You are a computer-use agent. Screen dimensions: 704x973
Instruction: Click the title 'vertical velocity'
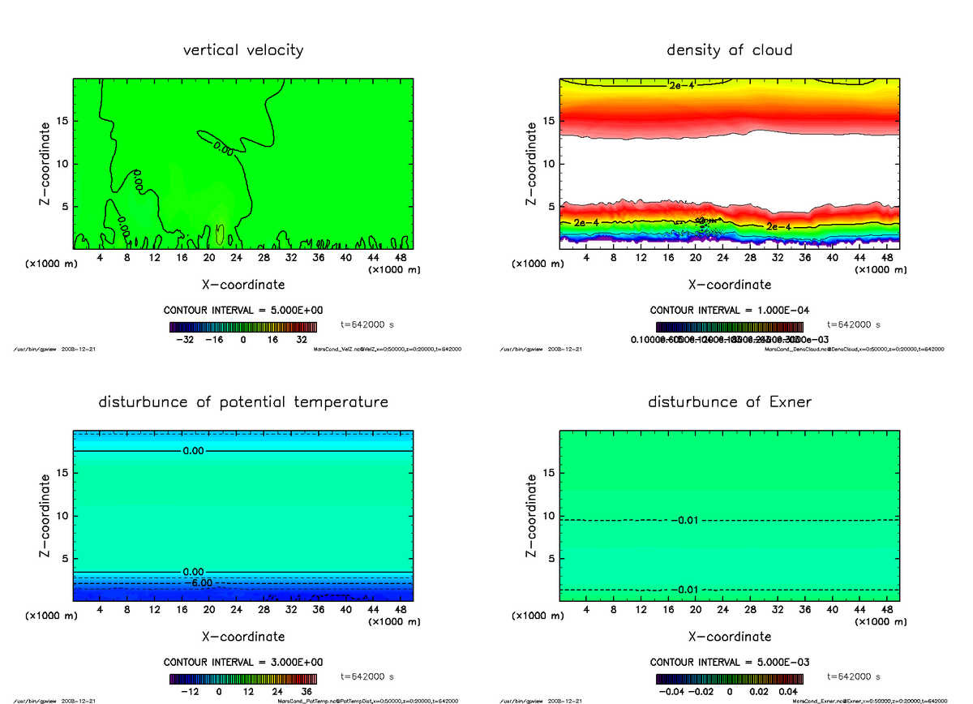243,50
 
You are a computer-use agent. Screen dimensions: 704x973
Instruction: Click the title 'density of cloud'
729,50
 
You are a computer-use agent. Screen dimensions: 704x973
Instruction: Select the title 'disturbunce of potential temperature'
243,402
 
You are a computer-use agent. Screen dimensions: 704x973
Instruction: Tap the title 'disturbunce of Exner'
729,402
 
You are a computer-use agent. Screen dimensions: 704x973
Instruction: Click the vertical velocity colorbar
243,327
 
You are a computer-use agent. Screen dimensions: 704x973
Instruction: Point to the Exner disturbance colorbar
729,679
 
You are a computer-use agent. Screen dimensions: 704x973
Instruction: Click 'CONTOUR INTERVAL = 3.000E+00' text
243,662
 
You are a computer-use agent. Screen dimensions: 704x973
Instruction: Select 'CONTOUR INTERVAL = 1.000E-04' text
729,311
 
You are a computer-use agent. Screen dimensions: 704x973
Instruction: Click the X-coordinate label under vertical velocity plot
243,285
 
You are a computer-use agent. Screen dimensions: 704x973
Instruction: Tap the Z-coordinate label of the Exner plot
531,516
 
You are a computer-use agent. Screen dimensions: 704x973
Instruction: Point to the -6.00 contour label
198,583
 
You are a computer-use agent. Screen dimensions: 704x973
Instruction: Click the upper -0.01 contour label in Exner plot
685,520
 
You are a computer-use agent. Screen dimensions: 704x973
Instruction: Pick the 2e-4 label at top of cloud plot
681,85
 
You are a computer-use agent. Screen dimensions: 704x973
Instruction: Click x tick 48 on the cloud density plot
887,258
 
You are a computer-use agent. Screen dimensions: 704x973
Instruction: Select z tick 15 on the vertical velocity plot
63,122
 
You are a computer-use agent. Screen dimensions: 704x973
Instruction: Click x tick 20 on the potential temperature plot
209,610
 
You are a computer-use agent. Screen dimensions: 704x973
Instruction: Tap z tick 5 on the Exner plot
552,559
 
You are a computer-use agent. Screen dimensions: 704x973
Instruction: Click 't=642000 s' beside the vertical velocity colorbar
367,324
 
